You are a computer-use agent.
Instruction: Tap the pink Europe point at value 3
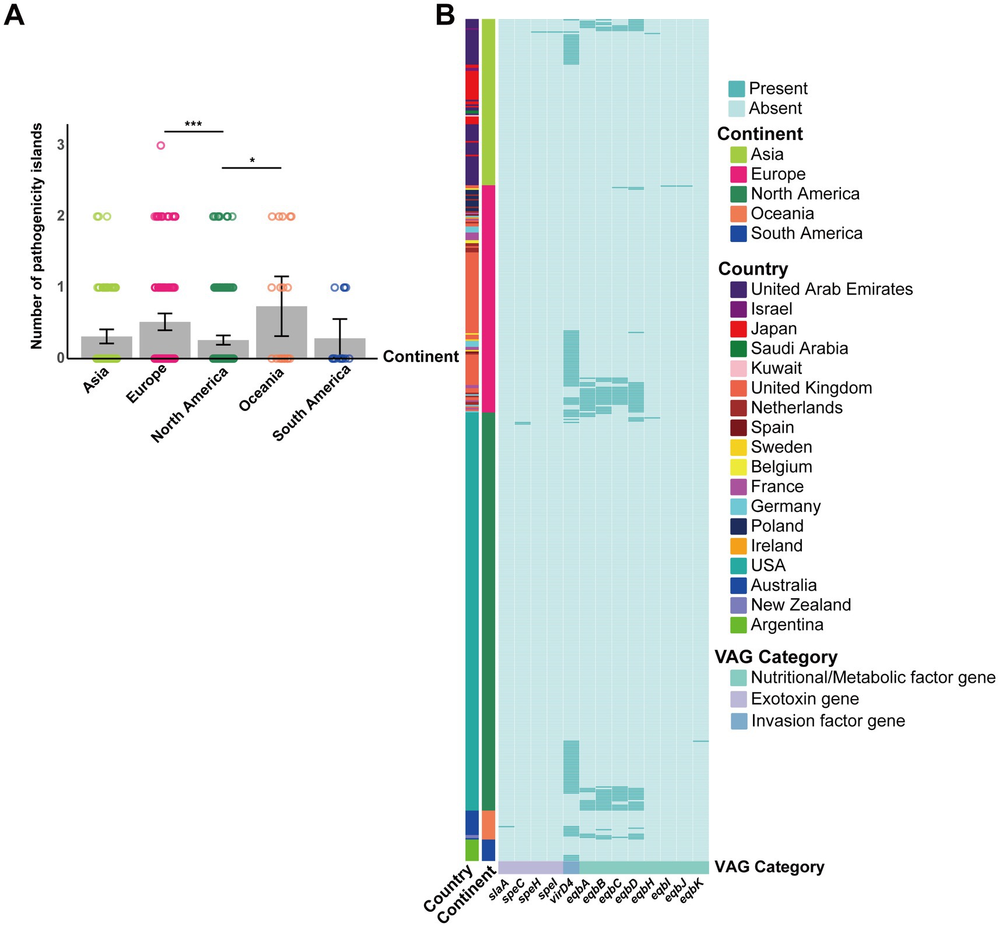click(161, 146)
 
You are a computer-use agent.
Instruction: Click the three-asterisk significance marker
click(193, 124)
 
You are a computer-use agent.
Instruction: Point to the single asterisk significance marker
click(252, 161)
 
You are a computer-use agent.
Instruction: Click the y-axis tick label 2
click(61, 216)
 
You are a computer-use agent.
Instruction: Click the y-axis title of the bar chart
click(37, 236)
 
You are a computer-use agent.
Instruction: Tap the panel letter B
click(445, 15)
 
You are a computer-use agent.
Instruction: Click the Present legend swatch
click(737, 89)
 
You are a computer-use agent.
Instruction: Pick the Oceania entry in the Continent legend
click(781, 213)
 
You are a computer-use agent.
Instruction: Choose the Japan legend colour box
click(738, 329)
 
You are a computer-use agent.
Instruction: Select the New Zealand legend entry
click(800, 605)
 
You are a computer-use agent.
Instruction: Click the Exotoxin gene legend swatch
click(738, 699)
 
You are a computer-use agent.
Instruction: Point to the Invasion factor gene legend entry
click(828, 721)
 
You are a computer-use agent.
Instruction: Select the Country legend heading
click(753, 269)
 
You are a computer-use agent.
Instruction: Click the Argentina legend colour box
click(738, 624)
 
